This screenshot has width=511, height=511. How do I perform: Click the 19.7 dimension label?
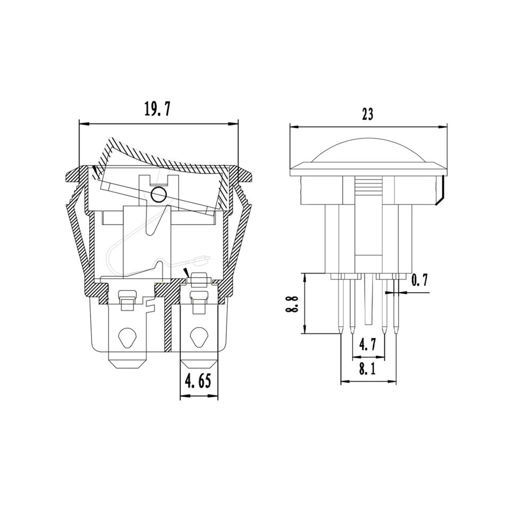click(x=158, y=109)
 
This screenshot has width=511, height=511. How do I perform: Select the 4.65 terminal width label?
click(x=199, y=381)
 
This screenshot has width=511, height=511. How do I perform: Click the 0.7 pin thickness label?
click(x=419, y=281)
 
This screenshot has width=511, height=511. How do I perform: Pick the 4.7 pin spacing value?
click(x=368, y=345)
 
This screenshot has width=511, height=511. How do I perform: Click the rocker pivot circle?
click(x=159, y=195)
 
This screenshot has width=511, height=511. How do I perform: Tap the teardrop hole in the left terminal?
click(x=127, y=339)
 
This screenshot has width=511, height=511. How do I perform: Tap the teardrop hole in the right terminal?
click(x=198, y=339)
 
